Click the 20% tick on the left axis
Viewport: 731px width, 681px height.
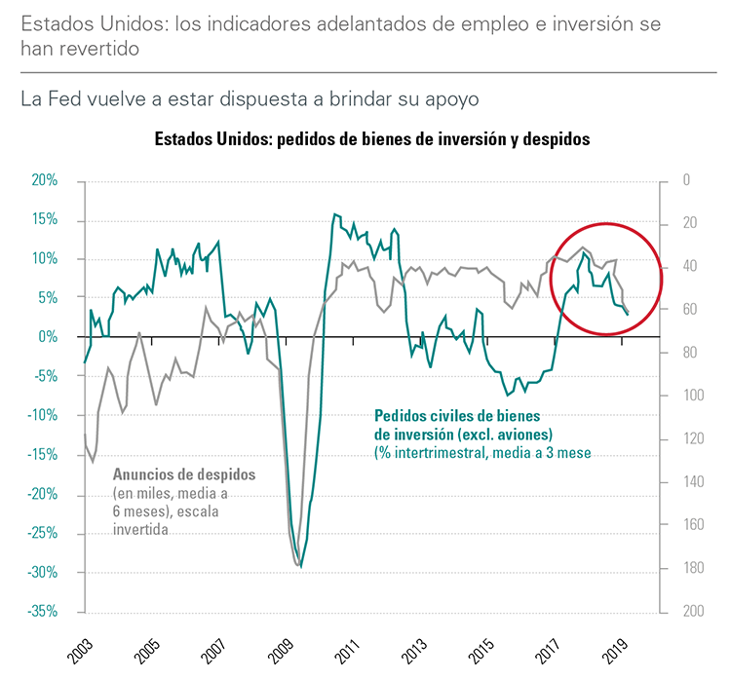tap(45, 180)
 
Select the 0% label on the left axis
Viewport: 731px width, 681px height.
tap(49, 337)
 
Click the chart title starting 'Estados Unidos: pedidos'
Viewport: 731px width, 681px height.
tap(372, 139)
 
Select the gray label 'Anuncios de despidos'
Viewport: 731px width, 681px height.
tap(184, 474)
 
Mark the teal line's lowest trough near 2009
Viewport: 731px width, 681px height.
tap(301, 567)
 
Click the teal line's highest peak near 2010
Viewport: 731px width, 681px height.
tap(334, 213)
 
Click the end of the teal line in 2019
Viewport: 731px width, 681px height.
tap(628, 315)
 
